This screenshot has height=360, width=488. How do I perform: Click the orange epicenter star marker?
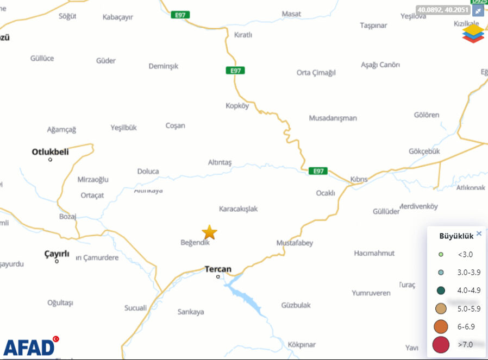[209, 232]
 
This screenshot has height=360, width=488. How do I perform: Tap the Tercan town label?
[218, 269]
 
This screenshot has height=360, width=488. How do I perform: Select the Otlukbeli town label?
[51, 151]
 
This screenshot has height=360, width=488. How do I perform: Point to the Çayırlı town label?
[57, 253]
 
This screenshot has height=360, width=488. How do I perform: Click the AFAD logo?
[30, 346]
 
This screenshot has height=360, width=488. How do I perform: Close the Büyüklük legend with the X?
[479, 233]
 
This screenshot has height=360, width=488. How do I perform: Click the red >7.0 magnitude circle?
[441, 344]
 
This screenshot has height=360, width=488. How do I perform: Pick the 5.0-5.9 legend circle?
[441, 308]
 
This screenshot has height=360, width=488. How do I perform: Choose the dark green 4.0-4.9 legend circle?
[441, 290]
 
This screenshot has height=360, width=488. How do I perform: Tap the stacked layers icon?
[473, 34]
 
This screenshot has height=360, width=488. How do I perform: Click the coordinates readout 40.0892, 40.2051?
[443, 10]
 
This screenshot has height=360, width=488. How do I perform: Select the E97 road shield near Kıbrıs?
[318, 171]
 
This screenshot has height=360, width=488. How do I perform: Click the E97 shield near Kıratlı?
[236, 71]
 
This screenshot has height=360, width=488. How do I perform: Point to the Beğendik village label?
[195, 243]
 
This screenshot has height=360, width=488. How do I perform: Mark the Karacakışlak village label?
[238, 209]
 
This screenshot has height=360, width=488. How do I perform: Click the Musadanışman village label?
[333, 118]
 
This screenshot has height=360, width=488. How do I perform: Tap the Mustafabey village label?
[295, 243]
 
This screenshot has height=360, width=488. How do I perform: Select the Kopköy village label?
[237, 106]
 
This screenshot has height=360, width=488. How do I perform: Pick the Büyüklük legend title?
[456, 236]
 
